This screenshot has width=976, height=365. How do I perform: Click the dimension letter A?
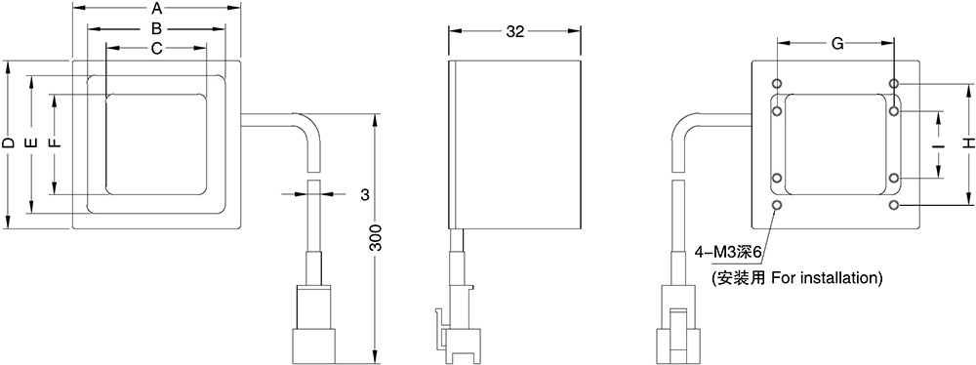coord(157,9)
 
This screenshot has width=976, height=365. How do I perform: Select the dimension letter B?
coord(157,28)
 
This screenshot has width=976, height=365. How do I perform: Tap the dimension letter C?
coord(157,48)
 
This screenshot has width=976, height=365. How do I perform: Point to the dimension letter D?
coord(8,143)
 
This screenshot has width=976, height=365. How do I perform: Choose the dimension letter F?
coord(56,143)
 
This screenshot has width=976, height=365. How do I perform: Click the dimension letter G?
coord(837,43)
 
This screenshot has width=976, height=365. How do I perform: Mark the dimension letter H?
coord(967,143)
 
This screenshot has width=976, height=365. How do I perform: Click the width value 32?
coord(515,32)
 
